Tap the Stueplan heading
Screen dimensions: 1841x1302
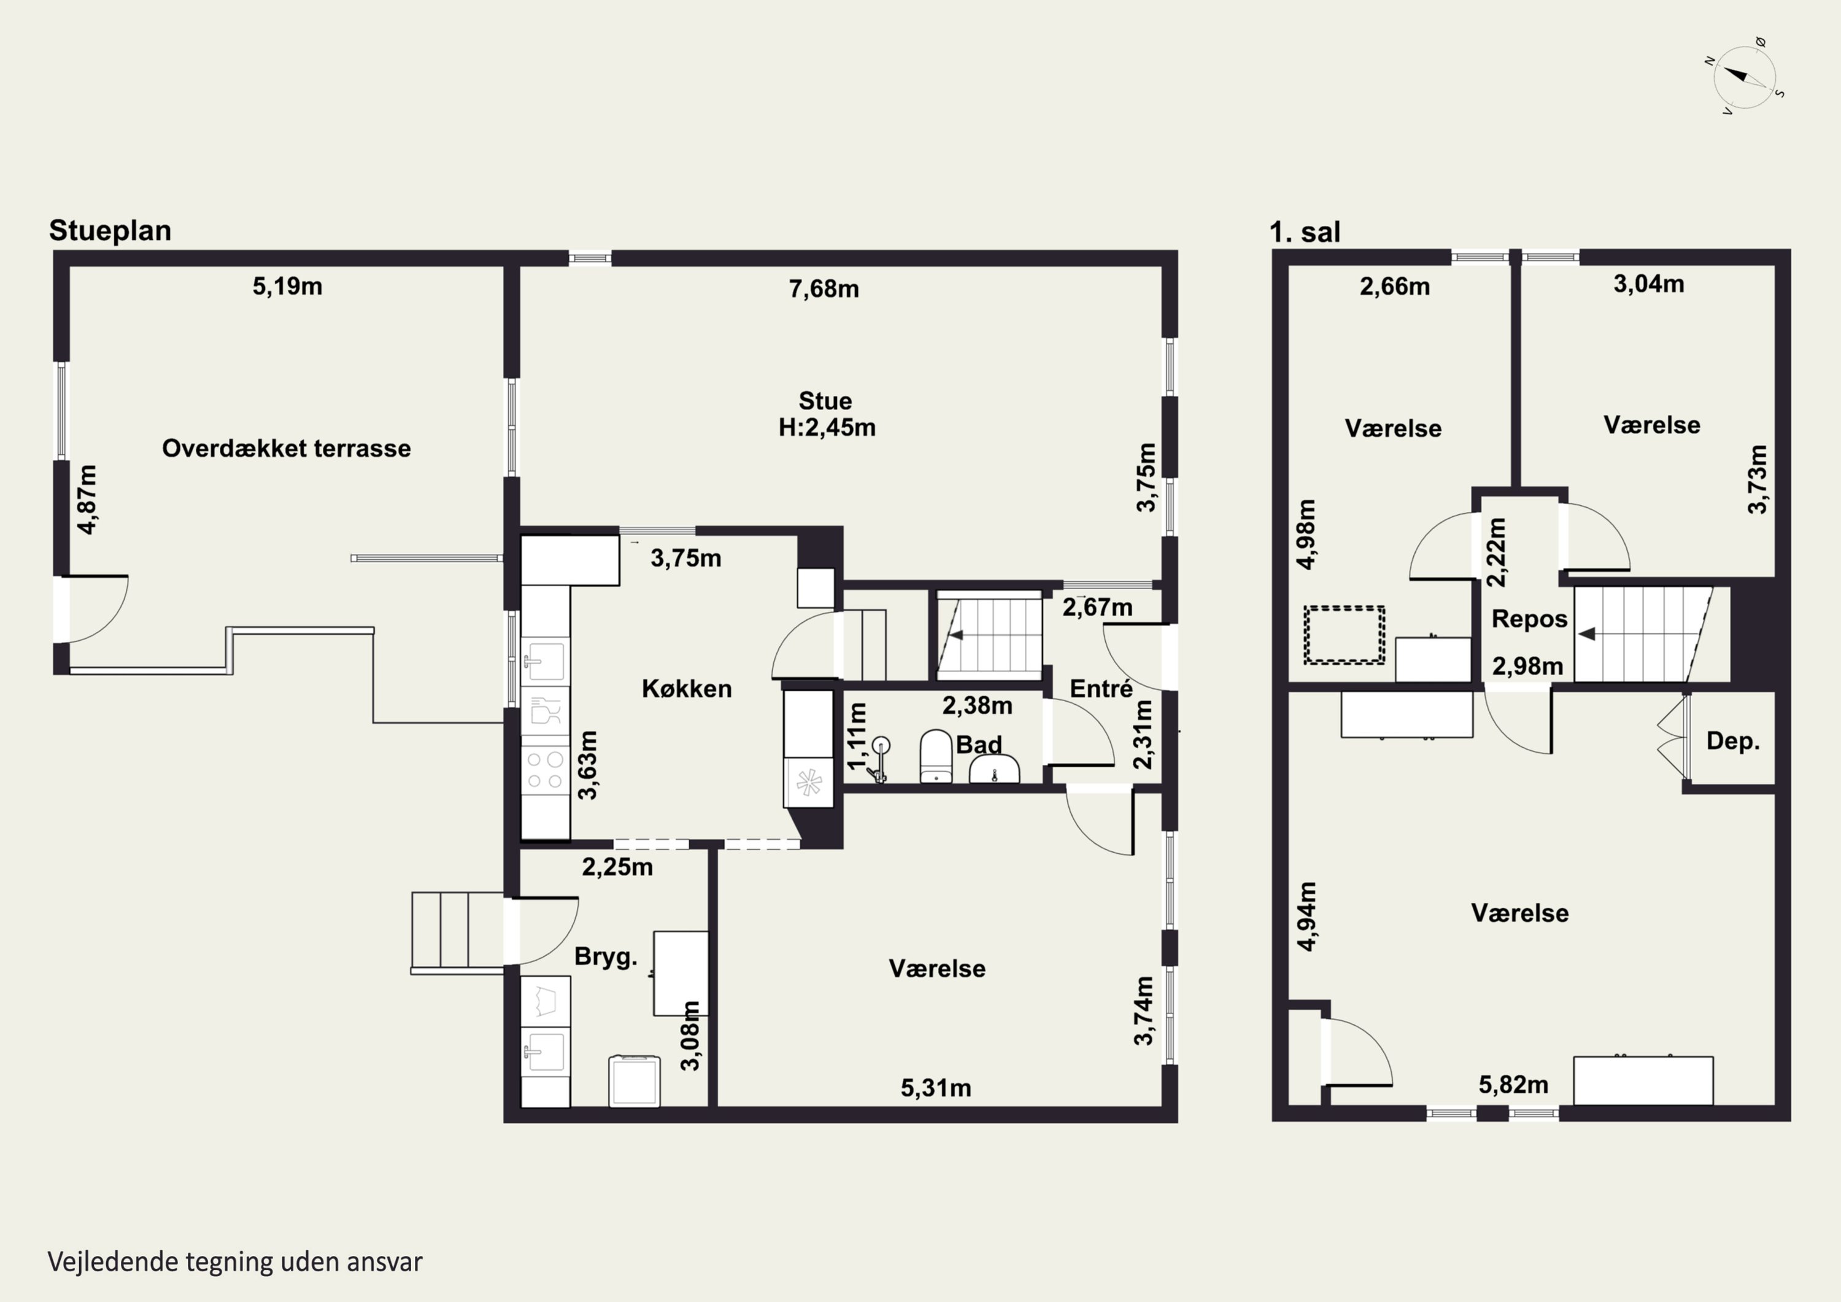110,230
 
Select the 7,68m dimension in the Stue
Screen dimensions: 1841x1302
824,288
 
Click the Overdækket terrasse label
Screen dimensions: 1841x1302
286,448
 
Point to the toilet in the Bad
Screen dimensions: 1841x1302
935,756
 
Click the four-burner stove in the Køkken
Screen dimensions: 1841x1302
546,769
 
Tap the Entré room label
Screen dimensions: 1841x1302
1101,688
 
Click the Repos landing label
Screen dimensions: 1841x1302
1529,619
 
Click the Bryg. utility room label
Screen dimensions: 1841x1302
605,956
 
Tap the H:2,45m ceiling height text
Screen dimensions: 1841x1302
827,428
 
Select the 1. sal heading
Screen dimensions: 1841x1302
1305,232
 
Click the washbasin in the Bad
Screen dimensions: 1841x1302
994,769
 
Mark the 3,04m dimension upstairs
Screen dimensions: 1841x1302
1648,284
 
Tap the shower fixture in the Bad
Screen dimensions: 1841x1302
878,759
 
